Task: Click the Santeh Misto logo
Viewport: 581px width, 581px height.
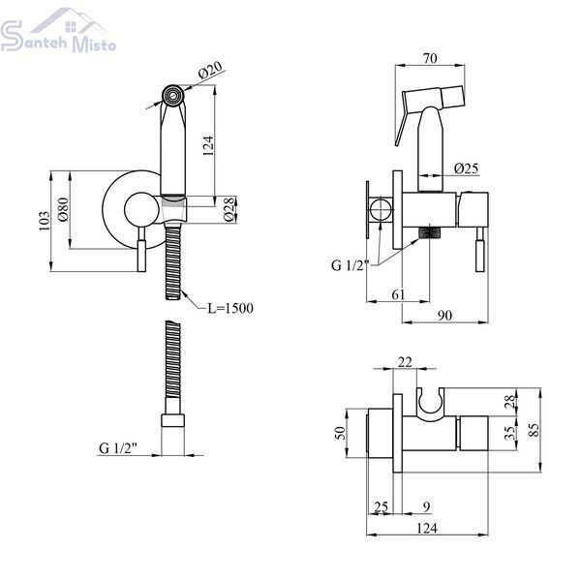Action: [58, 31]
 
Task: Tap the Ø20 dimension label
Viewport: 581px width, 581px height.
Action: [210, 70]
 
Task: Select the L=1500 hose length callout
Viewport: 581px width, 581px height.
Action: [230, 308]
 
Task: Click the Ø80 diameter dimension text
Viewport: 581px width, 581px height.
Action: [63, 209]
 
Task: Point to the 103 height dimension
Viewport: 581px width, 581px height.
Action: [45, 221]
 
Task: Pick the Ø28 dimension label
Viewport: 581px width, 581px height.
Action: [229, 210]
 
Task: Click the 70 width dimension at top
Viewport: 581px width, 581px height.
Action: [430, 58]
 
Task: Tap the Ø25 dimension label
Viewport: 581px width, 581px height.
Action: [467, 168]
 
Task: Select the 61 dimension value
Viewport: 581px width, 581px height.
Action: [398, 295]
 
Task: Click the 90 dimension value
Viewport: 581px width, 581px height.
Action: [445, 316]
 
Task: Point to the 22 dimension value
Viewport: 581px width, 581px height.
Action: [405, 362]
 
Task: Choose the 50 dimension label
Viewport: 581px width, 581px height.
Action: [340, 433]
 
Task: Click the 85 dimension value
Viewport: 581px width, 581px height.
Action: [534, 430]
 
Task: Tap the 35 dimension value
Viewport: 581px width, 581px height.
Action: [510, 433]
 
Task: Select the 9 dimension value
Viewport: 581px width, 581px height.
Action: [426, 506]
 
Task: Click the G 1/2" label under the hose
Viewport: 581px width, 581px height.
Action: [118, 448]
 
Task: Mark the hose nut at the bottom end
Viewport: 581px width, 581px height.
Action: [172, 420]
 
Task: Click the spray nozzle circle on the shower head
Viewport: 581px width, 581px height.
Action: [172, 96]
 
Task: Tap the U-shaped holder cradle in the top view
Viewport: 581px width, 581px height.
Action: [430, 404]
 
